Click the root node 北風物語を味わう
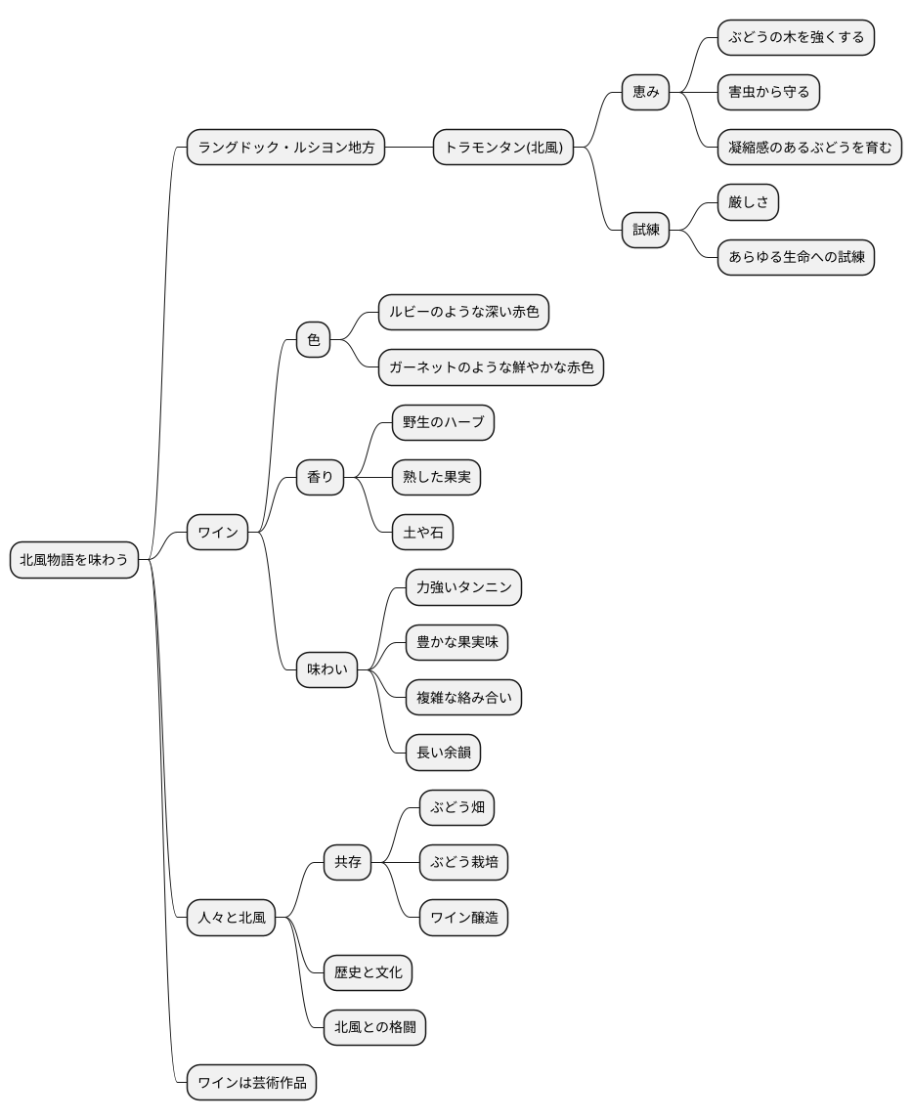click(73, 560)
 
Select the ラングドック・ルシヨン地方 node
click(285, 148)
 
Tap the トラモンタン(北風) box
click(503, 148)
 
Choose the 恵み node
click(645, 92)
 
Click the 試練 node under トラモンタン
click(645, 230)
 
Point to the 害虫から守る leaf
click(768, 92)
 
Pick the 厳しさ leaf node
click(748, 202)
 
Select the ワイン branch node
click(217, 532)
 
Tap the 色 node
click(313, 340)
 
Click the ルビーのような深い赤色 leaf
click(463, 312)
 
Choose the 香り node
click(320, 477)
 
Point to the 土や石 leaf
click(423, 532)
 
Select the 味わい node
click(327, 670)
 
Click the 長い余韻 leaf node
click(443, 753)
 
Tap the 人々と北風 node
click(232, 918)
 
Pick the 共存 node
click(348, 862)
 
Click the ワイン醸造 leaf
click(463, 918)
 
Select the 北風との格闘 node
click(375, 1028)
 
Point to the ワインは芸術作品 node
click(251, 1083)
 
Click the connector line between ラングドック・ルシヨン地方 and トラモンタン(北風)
click(410, 148)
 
